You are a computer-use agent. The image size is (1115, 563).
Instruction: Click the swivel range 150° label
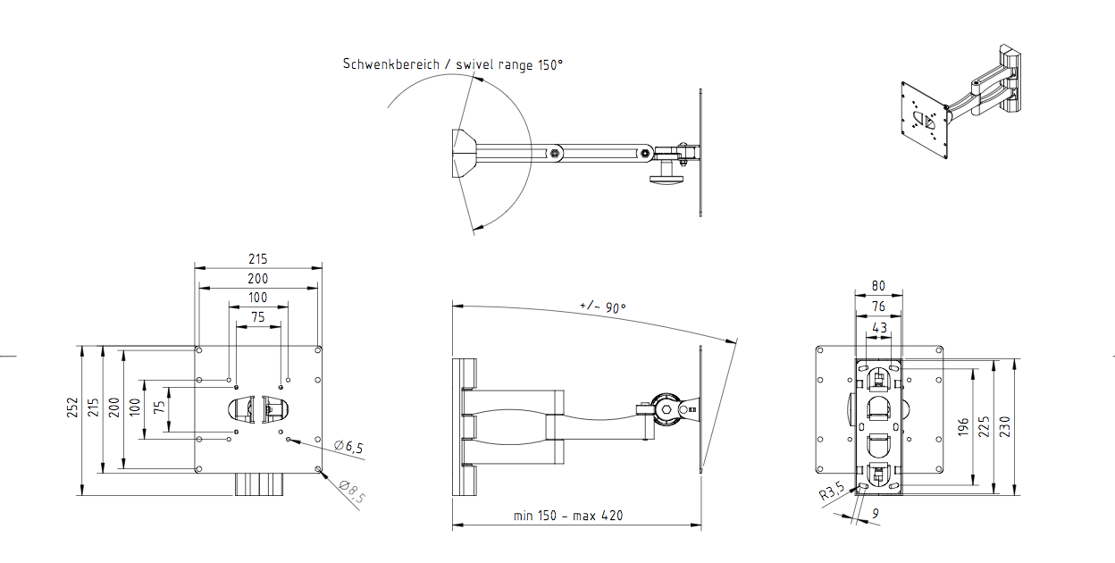click(509, 64)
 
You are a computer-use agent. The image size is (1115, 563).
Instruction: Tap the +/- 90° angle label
click(603, 307)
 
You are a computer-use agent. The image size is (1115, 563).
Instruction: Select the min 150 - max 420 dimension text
click(568, 516)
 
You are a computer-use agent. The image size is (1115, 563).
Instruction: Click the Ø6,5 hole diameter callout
click(348, 447)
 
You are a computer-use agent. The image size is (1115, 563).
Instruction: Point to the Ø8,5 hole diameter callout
click(352, 492)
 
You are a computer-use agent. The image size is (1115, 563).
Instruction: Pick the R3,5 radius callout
click(832, 492)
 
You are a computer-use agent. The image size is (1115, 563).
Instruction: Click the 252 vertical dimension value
click(72, 408)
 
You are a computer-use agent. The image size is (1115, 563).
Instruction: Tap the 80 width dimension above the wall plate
click(878, 286)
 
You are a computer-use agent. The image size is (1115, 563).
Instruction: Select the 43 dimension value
click(879, 328)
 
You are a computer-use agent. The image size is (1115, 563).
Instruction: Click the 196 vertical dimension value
click(963, 427)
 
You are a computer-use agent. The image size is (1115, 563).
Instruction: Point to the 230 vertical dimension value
click(1004, 426)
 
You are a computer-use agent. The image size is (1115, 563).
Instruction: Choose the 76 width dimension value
click(878, 307)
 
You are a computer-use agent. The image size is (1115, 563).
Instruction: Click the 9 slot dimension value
click(876, 513)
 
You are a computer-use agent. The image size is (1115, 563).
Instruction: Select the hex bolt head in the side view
click(666, 410)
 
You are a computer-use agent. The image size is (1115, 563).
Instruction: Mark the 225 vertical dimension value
click(984, 426)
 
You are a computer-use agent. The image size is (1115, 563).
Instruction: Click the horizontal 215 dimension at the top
click(258, 259)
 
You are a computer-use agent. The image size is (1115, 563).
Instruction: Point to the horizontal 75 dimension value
click(258, 317)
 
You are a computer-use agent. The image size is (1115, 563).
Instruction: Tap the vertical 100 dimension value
click(135, 407)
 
